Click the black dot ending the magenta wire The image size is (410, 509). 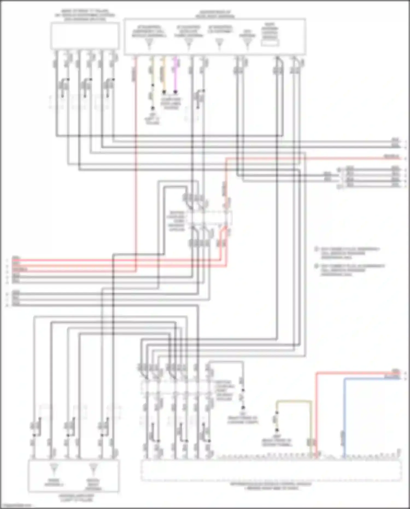pyautogui.click(x=175, y=92)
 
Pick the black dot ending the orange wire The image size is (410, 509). pyautogui.click(x=164, y=92)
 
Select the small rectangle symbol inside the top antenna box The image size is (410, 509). pyautogui.click(x=270, y=43)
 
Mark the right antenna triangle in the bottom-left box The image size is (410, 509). pyautogui.click(x=93, y=469)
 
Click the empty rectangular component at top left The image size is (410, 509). pyautogui.click(x=85, y=36)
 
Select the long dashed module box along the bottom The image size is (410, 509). pyautogui.click(x=271, y=470)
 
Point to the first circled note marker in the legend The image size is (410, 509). pyautogui.click(x=317, y=249)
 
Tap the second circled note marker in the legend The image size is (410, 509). pyautogui.click(x=317, y=266)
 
